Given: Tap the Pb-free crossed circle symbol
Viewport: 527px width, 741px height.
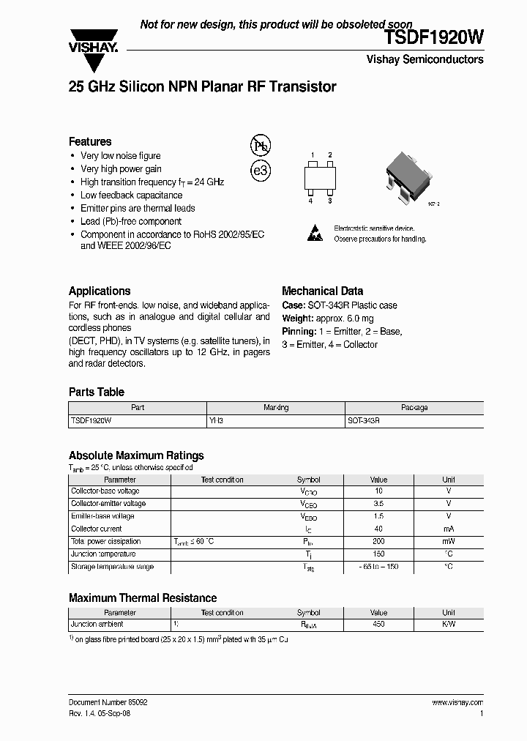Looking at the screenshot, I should [261, 145].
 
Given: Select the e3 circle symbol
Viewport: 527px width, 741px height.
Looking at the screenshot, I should [261, 171].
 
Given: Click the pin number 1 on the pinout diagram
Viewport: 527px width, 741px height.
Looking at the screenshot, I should [312, 155].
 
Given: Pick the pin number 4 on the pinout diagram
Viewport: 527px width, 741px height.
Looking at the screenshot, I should [311, 201].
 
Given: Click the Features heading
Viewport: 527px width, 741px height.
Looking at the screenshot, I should [90, 141].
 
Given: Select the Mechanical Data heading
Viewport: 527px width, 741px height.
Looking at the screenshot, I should [322, 291].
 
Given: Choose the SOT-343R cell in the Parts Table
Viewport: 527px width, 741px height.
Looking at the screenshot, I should [364, 422].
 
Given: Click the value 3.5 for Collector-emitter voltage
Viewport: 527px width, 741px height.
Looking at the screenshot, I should [378, 504].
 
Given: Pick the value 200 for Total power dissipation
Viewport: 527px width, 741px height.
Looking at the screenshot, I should [378, 542].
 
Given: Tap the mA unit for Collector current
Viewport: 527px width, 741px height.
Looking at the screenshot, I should [448, 529].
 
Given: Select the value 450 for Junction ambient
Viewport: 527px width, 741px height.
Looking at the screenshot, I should [378, 625].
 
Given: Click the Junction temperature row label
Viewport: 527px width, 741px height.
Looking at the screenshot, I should [102, 554].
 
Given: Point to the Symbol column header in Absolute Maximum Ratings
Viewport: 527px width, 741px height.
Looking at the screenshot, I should [308, 480].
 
